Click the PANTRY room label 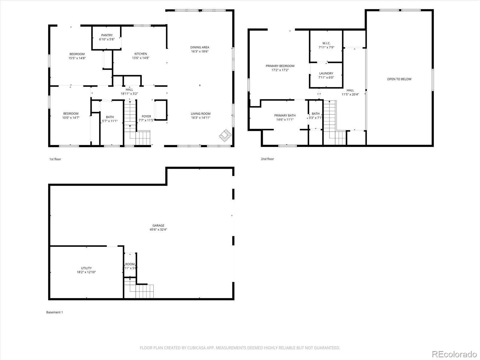(x=107, y=35)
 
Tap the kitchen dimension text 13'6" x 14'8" (x=140, y=58)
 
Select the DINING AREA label (x=199, y=47)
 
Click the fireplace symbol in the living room (x=225, y=135)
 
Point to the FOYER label (x=146, y=116)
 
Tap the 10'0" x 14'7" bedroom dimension (x=71, y=118)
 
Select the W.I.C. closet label (x=326, y=43)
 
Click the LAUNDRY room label (x=326, y=73)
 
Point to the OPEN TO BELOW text (x=399, y=79)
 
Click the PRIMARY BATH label (x=285, y=115)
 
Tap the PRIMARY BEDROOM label (x=280, y=66)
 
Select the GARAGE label (x=158, y=226)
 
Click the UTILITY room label (x=86, y=268)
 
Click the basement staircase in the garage (x=141, y=290)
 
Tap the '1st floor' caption (x=55, y=159)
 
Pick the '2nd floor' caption (x=267, y=159)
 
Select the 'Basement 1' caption (x=54, y=312)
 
